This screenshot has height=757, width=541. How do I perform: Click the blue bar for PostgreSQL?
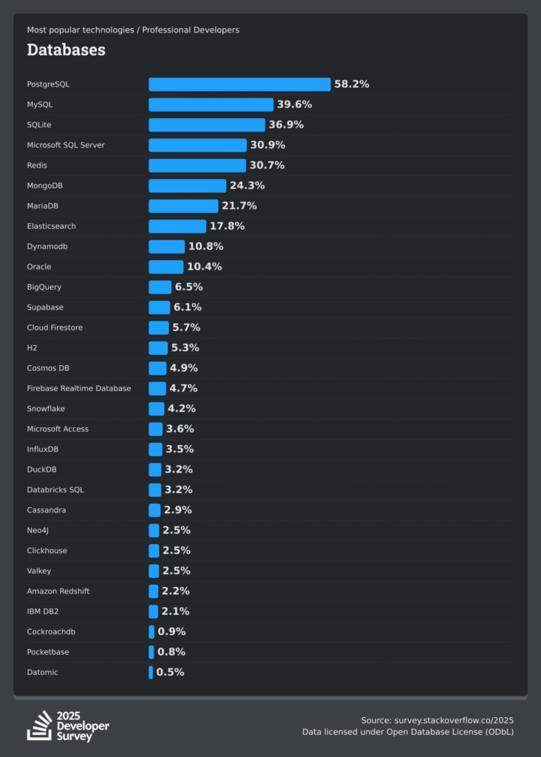coord(239,84)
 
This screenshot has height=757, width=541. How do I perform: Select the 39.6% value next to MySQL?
coord(294,104)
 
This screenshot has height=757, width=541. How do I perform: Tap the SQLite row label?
coord(39,125)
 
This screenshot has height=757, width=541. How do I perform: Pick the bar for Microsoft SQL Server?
coord(197,145)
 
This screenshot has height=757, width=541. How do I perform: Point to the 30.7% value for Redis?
coord(267,165)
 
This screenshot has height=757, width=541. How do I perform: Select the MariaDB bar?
coord(183,206)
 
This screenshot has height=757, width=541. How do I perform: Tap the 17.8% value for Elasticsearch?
coord(227,226)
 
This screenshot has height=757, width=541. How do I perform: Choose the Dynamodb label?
coord(47,246)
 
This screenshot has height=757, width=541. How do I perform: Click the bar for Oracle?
coord(166,267)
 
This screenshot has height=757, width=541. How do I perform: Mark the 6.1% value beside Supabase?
coord(187,308)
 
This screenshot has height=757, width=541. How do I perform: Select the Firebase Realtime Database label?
coord(79,388)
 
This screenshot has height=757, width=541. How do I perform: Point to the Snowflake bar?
coord(156,409)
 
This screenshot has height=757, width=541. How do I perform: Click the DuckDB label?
coord(42,469)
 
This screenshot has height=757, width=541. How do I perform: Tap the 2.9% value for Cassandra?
coord(177,510)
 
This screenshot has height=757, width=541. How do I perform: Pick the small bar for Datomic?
coord(151,672)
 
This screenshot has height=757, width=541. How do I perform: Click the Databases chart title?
coord(66,50)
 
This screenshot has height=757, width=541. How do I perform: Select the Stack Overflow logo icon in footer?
coord(40,726)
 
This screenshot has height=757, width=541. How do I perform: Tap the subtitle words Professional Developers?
coord(191,30)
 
